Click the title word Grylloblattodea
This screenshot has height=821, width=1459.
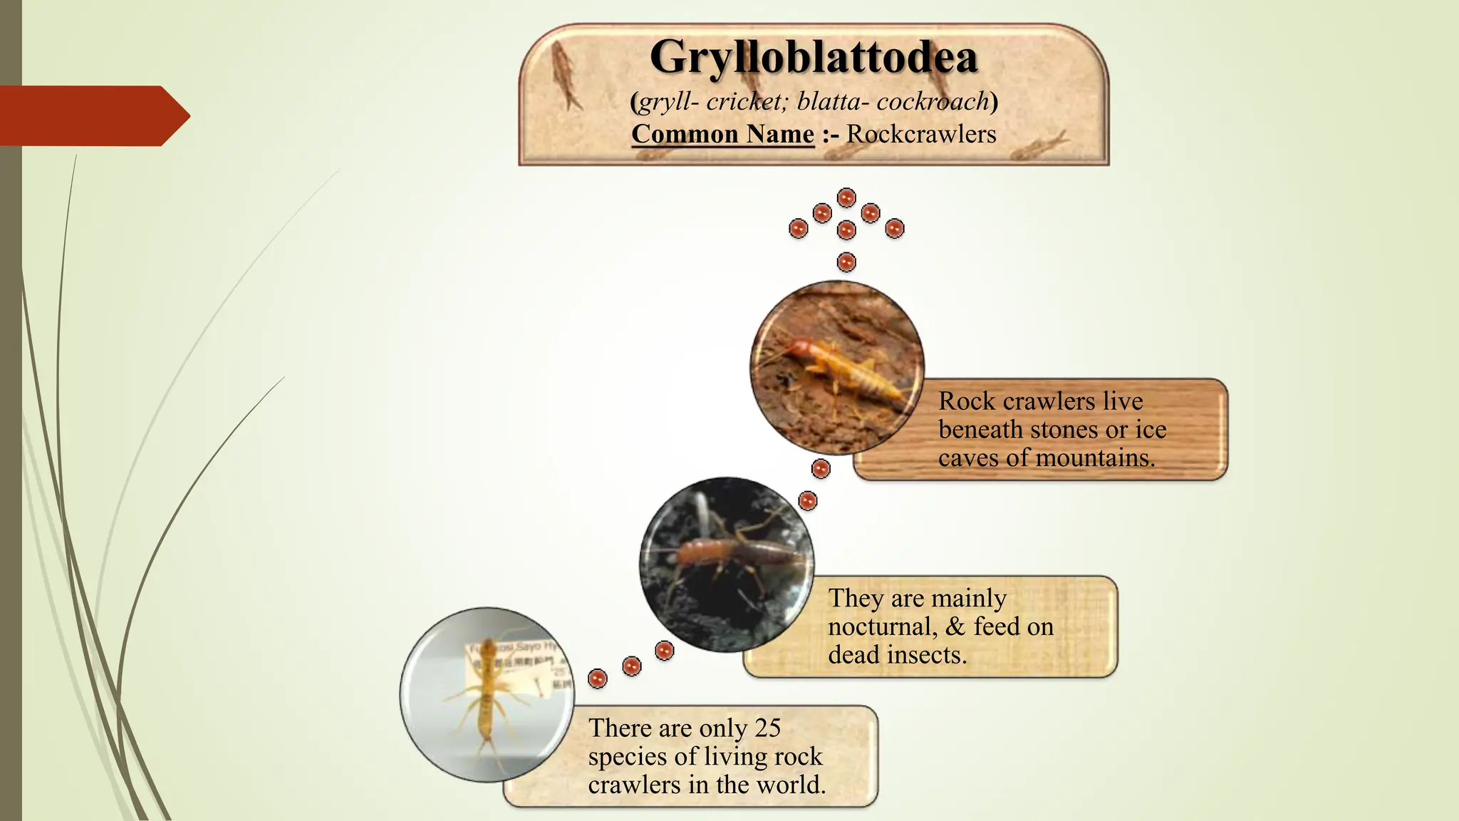click(814, 57)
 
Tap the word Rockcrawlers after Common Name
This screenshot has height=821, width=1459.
click(921, 134)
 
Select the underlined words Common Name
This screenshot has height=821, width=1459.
click(722, 134)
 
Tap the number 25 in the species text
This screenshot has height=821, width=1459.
click(768, 728)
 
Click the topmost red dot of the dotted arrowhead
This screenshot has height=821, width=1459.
click(846, 197)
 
